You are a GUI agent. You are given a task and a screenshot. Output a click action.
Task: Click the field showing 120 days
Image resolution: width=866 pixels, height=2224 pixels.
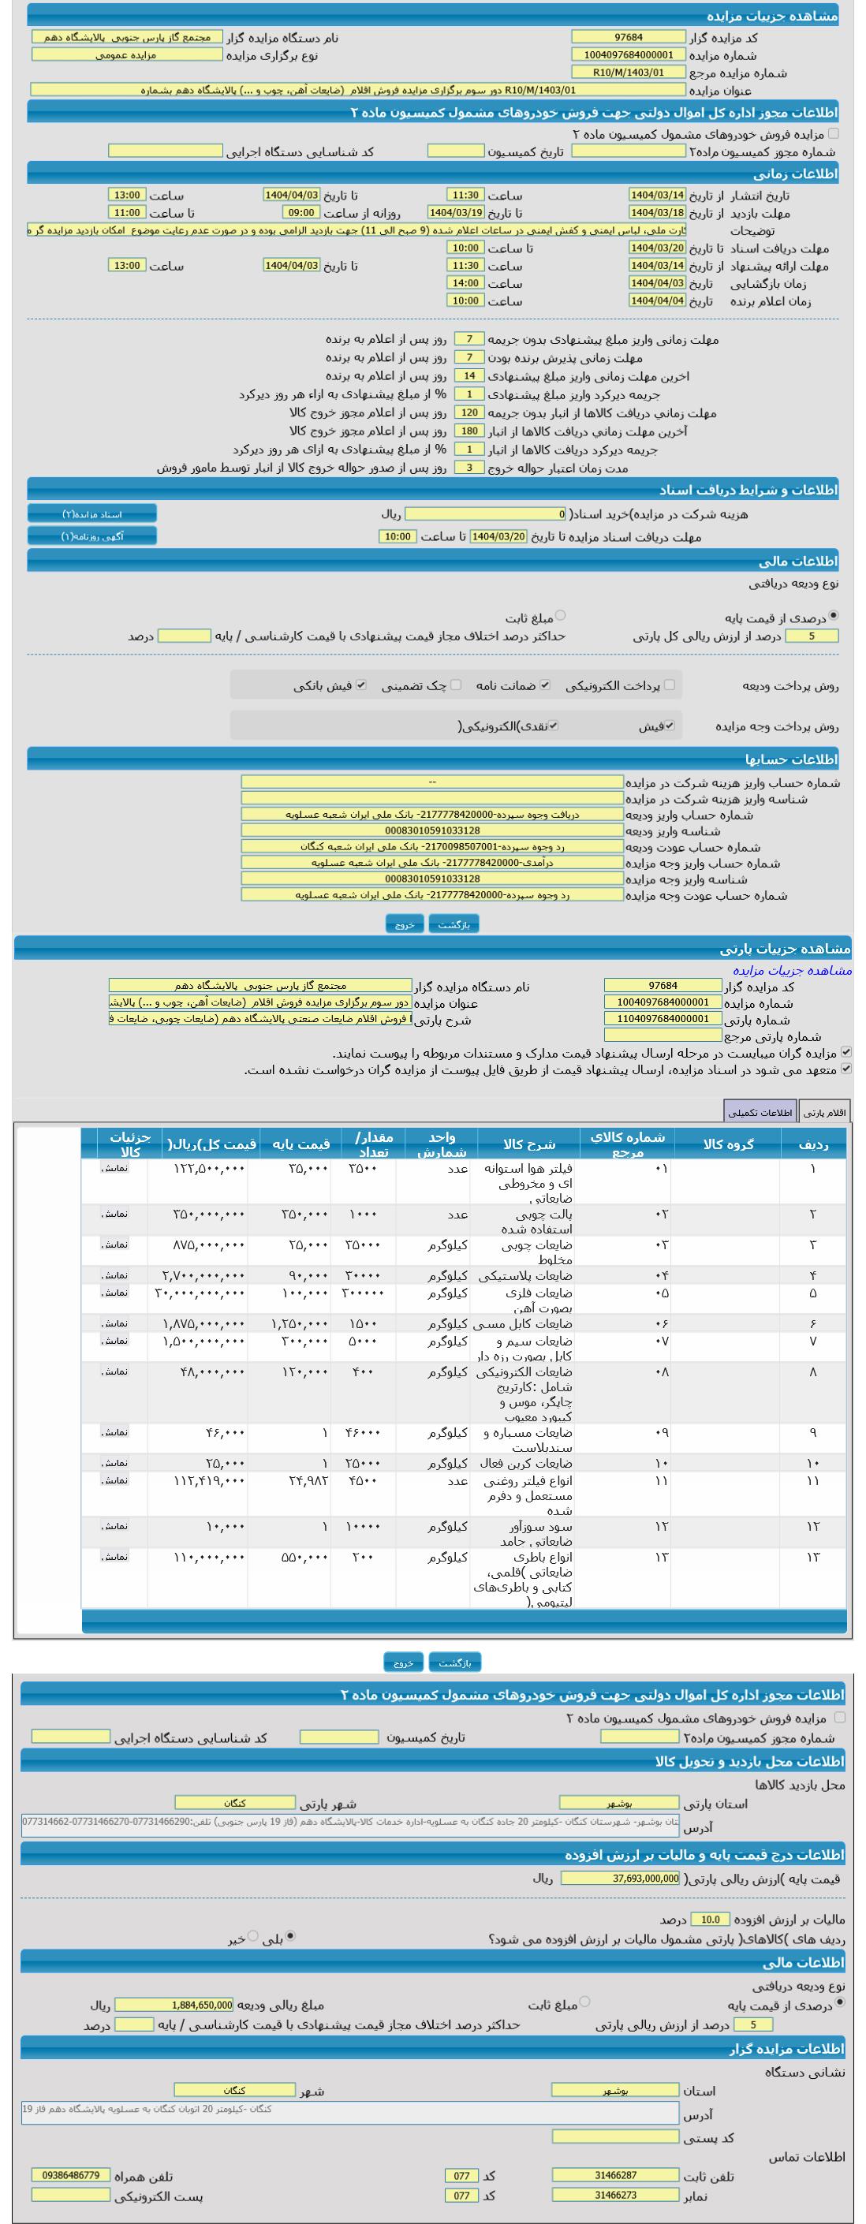[470, 412]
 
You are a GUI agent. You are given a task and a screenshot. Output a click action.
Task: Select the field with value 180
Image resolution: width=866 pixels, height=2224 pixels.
[470, 431]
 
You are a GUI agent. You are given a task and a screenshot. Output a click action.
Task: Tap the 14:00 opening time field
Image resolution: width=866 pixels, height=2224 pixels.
[465, 283]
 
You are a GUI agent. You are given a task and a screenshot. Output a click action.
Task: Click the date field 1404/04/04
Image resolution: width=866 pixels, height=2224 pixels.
[657, 300]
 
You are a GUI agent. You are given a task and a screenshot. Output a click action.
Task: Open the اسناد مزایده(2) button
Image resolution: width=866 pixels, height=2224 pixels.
[92, 513]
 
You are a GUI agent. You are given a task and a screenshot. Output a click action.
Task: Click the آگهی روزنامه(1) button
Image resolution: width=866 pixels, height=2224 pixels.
[92, 536]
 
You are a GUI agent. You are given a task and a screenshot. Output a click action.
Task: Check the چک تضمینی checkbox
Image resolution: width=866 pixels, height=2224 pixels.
[456, 685]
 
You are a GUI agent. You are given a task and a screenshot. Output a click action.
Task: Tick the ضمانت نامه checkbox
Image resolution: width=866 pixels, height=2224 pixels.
[545, 685]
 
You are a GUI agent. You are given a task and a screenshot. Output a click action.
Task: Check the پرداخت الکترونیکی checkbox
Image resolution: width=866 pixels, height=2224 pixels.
[669, 685]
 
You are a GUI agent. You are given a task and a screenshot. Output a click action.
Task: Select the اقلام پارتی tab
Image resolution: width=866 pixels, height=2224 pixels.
[824, 1112]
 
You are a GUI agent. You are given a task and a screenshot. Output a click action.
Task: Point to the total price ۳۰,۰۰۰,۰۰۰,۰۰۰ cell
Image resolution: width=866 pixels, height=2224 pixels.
[200, 1293]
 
